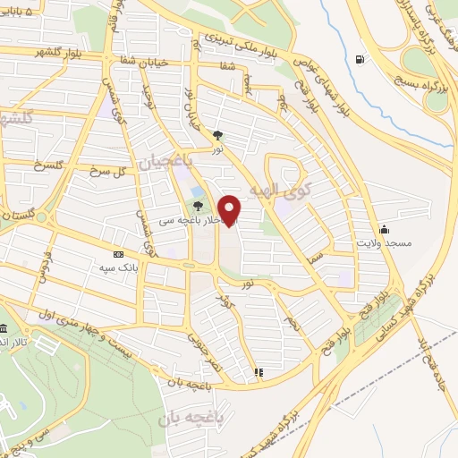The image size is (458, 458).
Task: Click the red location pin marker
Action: (x=230, y=210)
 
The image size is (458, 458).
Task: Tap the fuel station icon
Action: (x=360, y=60)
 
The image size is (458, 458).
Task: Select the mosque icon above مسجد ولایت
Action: (x=385, y=229)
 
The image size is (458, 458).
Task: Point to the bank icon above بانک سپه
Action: (x=119, y=254)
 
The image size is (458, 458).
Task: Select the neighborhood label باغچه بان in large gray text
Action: (x=190, y=418)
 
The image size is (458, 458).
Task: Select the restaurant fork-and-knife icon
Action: (x=259, y=371)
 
